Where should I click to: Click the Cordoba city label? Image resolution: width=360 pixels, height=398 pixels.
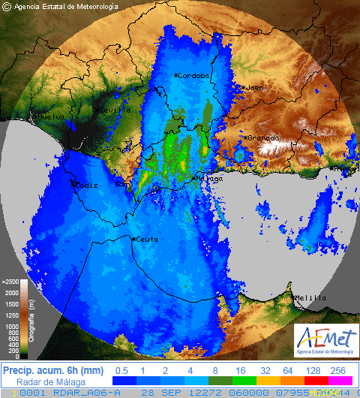coord(193,76)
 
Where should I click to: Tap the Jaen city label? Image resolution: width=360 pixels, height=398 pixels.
coord(256,88)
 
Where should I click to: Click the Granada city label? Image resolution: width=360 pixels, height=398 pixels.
coord(262,138)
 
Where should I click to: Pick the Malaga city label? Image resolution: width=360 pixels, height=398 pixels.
coord(209,179)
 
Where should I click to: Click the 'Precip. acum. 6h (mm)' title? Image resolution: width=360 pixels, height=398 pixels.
coord(52,370)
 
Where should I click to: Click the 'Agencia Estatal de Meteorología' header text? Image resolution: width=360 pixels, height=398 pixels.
coord(66,6)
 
